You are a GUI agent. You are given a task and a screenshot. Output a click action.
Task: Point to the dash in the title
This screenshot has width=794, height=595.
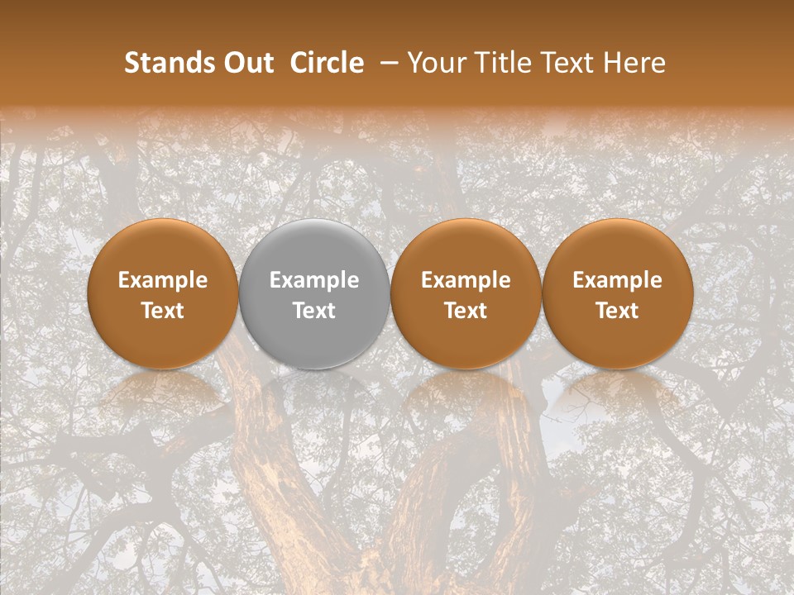(385, 63)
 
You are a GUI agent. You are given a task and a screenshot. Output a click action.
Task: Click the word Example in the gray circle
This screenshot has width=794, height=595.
(314, 280)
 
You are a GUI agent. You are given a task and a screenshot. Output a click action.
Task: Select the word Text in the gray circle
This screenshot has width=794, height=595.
(314, 311)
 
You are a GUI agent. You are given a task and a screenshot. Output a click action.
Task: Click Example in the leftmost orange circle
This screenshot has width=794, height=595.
(163, 280)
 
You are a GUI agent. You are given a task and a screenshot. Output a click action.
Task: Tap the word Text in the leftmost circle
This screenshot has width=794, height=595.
(163, 311)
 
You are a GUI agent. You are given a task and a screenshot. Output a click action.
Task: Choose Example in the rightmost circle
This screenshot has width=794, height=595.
(617, 280)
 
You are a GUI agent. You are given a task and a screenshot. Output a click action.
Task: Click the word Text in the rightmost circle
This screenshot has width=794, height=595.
(617, 311)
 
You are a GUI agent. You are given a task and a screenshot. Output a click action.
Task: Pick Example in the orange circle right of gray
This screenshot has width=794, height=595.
(466, 280)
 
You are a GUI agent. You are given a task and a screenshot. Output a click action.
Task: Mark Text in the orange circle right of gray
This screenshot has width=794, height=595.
(466, 311)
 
